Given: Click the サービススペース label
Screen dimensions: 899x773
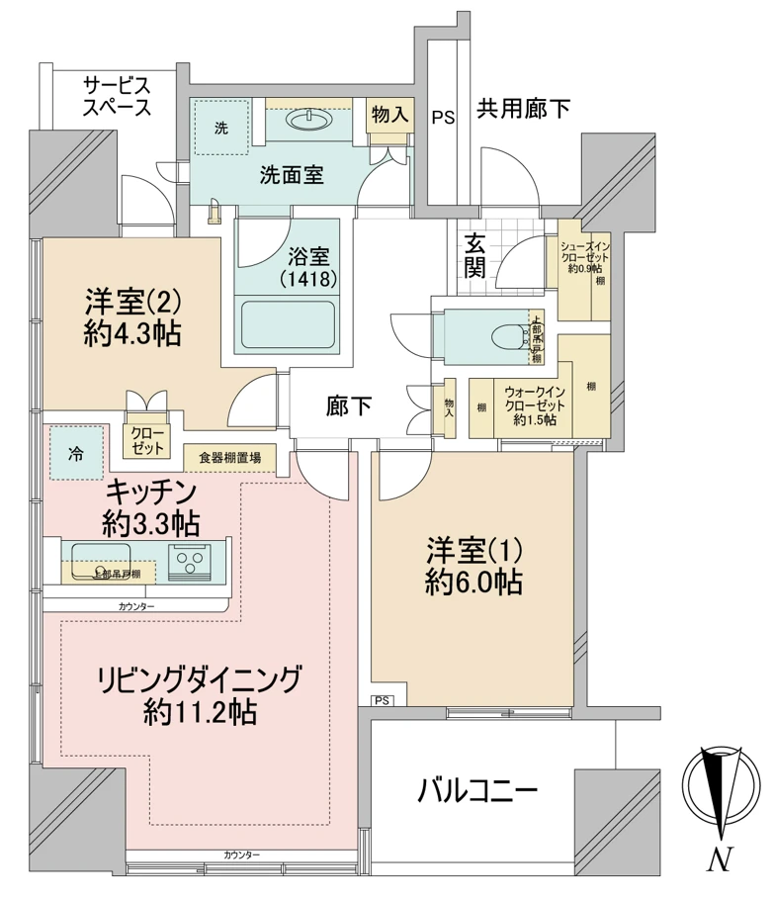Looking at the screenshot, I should (117, 95).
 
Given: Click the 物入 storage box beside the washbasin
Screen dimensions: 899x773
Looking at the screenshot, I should (388, 114).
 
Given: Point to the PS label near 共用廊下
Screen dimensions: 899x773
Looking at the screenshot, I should (442, 118).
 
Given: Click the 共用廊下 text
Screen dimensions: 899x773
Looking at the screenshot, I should (523, 109).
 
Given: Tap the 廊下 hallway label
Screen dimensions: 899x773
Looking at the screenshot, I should (349, 406).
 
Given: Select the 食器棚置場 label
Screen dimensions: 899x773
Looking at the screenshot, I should (230, 457).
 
